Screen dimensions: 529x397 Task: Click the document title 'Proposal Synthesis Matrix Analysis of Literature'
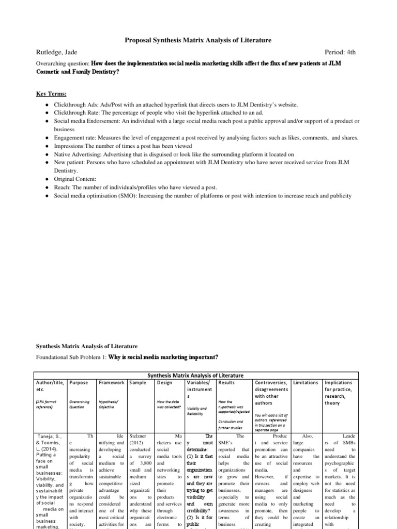(198, 40)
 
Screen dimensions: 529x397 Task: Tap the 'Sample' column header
(138, 383)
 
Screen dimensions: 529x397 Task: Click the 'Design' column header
(165, 383)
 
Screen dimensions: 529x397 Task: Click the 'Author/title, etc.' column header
(50, 386)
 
